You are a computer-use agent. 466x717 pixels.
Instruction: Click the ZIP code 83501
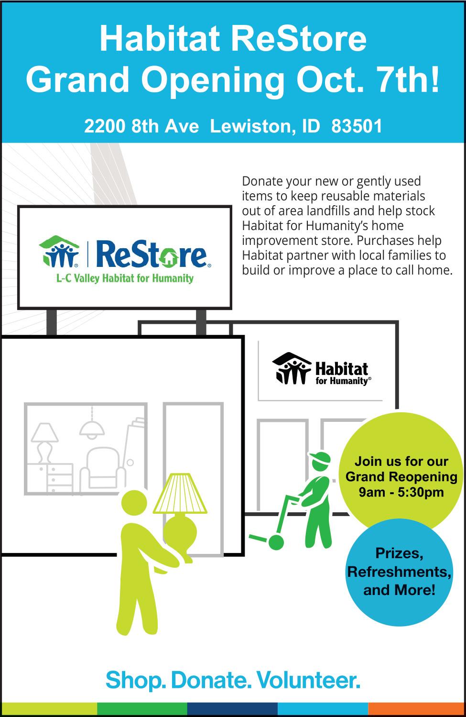click(x=357, y=126)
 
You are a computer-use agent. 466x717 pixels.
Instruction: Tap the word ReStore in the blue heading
click(x=299, y=39)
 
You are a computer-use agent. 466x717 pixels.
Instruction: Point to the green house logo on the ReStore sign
click(x=59, y=252)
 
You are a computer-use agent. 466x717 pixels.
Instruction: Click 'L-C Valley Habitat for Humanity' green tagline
click(x=125, y=278)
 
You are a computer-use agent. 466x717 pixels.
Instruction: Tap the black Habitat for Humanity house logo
click(x=292, y=368)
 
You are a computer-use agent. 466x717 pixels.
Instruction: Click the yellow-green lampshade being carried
click(x=180, y=493)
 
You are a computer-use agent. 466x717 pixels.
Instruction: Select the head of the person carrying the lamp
click(x=134, y=503)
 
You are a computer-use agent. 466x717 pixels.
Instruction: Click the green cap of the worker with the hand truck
click(x=320, y=458)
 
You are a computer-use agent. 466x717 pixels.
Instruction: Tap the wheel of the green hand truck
click(x=276, y=542)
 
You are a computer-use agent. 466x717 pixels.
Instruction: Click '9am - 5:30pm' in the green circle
click(x=401, y=492)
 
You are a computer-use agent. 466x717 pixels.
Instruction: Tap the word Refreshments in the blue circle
click(x=399, y=572)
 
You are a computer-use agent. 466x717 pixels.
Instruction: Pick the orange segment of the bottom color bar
click(x=416, y=709)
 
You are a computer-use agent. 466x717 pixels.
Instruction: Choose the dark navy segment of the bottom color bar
click(x=232, y=709)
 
